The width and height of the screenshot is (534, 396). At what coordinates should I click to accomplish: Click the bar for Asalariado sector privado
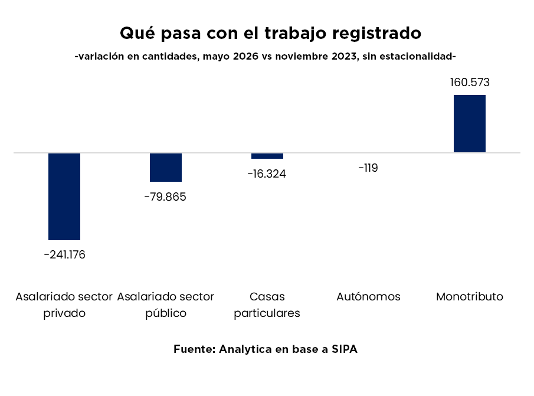[x=64, y=197]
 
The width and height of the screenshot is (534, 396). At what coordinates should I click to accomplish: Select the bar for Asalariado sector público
[x=166, y=167]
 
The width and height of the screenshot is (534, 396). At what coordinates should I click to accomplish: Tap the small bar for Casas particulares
[x=267, y=156]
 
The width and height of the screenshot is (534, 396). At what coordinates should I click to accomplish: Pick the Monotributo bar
[x=470, y=123]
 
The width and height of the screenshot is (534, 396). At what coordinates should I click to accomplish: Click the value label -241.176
[x=65, y=255]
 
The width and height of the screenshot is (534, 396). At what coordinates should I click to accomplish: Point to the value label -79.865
[x=166, y=197]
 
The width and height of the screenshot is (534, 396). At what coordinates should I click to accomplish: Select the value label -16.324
[x=267, y=174]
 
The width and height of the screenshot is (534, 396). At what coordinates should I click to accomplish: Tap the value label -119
[x=368, y=168]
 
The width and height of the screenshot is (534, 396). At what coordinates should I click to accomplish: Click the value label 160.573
[x=470, y=83]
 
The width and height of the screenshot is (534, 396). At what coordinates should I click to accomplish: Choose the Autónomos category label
[x=368, y=297]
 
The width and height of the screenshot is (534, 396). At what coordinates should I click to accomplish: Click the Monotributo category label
[x=470, y=297]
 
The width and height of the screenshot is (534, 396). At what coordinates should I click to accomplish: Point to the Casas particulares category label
[x=267, y=305]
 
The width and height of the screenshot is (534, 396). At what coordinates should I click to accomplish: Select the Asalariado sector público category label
[x=166, y=305]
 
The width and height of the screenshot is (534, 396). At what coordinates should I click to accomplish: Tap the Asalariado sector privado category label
[x=64, y=305]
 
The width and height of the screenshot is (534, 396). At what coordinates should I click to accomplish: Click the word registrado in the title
[x=376, y=34]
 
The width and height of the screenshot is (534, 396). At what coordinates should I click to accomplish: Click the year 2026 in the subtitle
[x=245, y=56]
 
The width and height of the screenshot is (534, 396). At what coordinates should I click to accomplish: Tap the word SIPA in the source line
[x=345, y=349]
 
